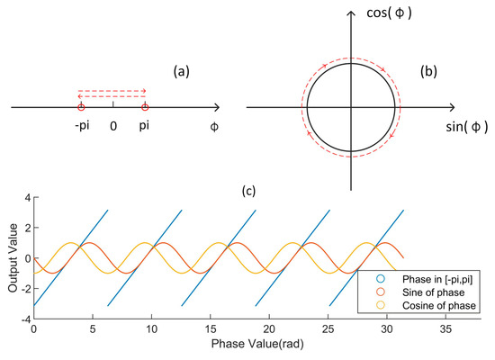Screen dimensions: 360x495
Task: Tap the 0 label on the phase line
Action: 112,127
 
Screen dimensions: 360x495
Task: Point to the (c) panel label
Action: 249,189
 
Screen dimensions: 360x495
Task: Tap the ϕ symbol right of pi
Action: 213,128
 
